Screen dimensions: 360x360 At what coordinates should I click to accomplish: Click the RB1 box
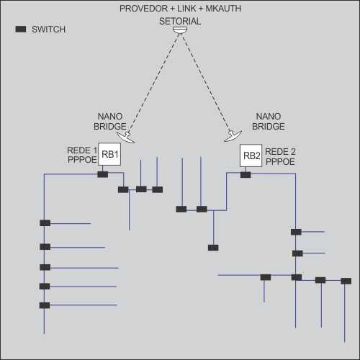tap(109, 154)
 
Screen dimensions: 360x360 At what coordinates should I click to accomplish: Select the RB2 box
tap(251, 156)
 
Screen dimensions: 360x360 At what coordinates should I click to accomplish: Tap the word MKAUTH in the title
tap(223, 9)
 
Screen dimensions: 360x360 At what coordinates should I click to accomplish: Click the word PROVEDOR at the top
tap(143, 9)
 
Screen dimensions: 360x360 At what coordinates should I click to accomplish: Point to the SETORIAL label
tap(180, 22)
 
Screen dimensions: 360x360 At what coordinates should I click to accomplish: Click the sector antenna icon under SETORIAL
tap(180, 30)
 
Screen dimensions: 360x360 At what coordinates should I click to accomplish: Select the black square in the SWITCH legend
tap(21, 29)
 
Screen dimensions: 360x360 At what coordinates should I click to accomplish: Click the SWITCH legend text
tap(48, 30)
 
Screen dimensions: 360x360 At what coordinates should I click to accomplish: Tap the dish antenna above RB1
tap(126, 138)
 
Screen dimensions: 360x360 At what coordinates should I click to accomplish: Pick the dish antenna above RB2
tap(233, 136)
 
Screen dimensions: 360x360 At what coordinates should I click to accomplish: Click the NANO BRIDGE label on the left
tap(110, 122)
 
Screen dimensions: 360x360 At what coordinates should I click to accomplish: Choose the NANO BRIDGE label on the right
tap(269, 122)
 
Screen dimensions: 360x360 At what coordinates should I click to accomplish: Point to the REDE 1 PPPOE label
tap(82, 155)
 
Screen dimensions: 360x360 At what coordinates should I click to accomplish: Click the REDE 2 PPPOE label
tap(280, 156)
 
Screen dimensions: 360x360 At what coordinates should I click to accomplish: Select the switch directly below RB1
tap(103, 174)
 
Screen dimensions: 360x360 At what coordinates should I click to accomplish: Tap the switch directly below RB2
tap(246, 175)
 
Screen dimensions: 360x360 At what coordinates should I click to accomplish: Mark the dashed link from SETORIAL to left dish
tap(153, 83)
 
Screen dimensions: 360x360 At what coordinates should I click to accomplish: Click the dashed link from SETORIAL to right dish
tap(206, 83)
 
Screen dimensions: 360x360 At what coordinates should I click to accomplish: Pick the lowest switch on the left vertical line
tap(45, 305)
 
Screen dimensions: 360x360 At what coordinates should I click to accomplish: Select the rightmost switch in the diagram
tap(346, 281)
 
